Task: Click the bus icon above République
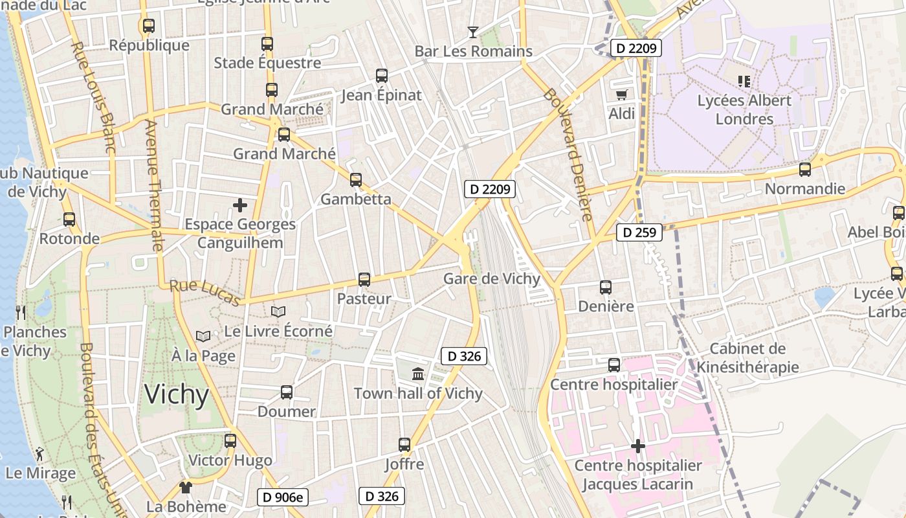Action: pos(148,26)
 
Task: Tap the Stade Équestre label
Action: pos(267,63)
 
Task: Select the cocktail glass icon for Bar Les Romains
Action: pos(473,32)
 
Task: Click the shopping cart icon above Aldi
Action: pos(621,95)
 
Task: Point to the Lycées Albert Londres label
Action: pos(744,109)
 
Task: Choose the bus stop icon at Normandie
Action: pos(805,170)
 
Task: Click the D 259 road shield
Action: pos(639,232)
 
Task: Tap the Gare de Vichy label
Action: pos(491,279)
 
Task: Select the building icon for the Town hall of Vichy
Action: pos(418,374)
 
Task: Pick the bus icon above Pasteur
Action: pos(364,280)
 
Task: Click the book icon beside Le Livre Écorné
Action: pos(278,312)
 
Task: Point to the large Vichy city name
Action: pos(177,394)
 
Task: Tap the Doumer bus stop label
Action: pos(287,411)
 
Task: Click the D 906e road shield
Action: pos(283,497)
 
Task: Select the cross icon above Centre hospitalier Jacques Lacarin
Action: pos(638,446)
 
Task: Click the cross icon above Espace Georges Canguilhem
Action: pos(240,205)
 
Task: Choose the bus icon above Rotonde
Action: pos(69,220)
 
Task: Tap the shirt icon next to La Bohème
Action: pos(186,487)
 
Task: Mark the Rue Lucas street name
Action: pos(204,293)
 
